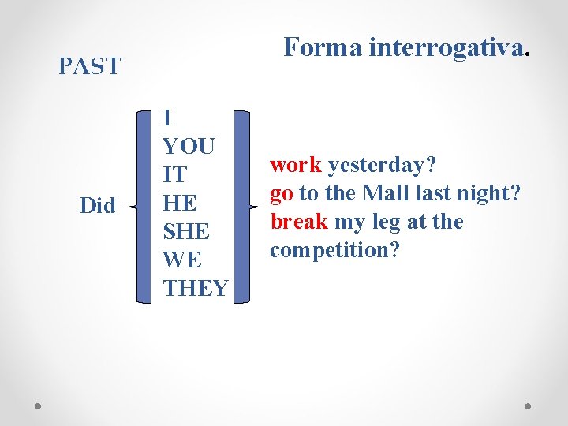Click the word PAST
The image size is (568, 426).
click(x=89, y=65)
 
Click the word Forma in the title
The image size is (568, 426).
click(x=321, y=47)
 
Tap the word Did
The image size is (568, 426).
click(x=98, y=206)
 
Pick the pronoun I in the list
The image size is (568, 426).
click(x=167, y=118)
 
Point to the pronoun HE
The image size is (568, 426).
click(x=179, y=204)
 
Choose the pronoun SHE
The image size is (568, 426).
click(x=186, y=232)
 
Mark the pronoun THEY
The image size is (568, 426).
click(x=196, y=289)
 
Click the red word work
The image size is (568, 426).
click(x=296, y=165)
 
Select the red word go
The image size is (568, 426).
click(x=282, y=193)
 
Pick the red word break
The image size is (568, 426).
click(x=299, y=222)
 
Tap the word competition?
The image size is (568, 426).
click(x=334, y=250)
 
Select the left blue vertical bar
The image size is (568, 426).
click(x=143, y=205)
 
